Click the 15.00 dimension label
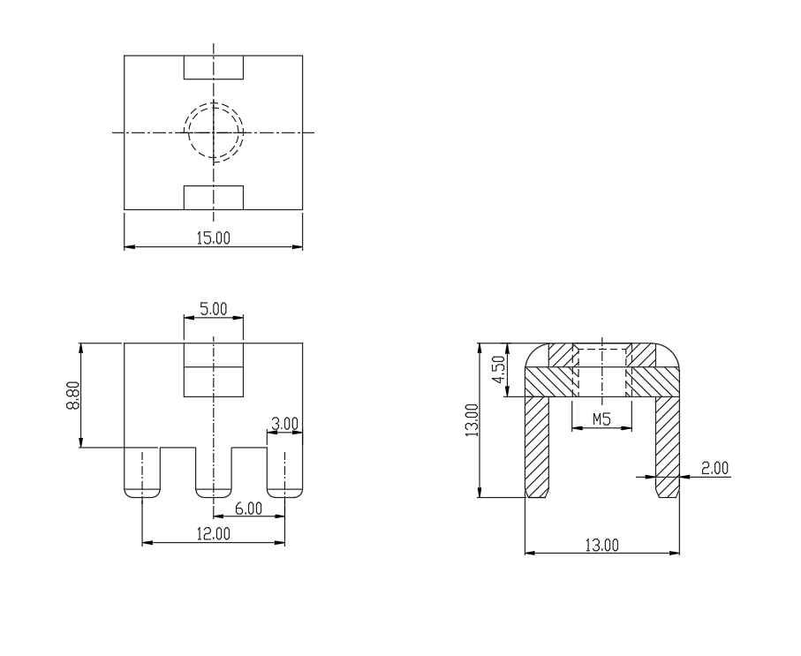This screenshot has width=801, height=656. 214,238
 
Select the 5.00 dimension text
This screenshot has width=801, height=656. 214,309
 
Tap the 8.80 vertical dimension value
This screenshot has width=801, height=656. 72,396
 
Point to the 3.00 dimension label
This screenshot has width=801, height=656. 284,424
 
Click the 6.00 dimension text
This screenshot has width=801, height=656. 248,509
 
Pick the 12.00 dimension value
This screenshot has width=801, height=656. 214,533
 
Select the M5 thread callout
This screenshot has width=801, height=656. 601,419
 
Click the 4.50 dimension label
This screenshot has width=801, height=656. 498,369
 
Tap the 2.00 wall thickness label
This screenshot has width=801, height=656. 714,468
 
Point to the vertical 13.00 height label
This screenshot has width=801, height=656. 472,420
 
